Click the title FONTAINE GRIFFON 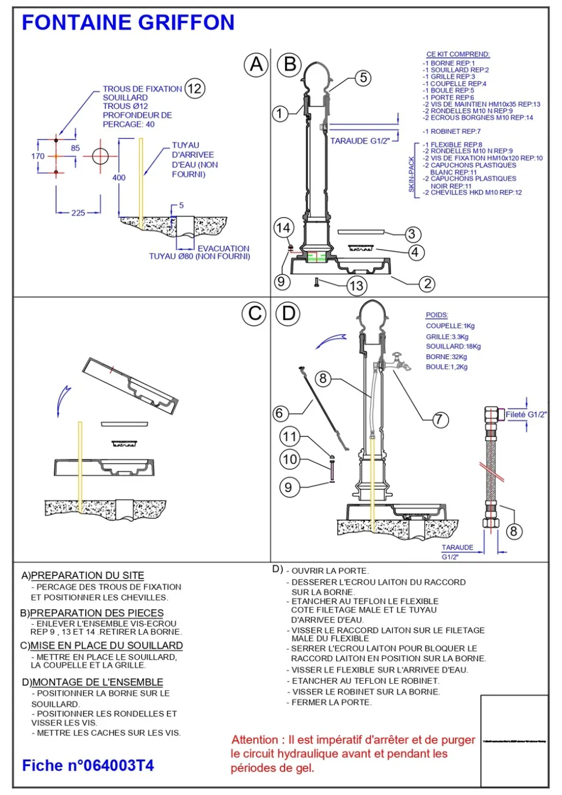[x=128, y=23]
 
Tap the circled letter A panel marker [x=256, y=64]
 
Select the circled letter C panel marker [x=254, y=314]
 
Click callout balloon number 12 [x=194, y=89]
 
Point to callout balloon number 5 [x=363, y=78]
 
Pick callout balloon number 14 [x=283, y=228]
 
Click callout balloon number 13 [x=356, y=285]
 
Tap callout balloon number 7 [x=440, y=419]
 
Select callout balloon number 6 [x=280, y=413]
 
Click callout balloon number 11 [x=289, y=436]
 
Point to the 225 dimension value [x=78, y=213]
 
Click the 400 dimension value [x=119, y=178]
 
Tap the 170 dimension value [x=38, y=156]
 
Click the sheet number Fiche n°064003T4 [x=88, y=765]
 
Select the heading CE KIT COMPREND [x=458, y=54]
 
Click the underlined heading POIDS [x=437, y=315]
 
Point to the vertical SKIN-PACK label [x=412, y=174]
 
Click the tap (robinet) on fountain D [x=400, y=361]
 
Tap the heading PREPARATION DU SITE [x=87, y=576]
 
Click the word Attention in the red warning [x=255, y=740]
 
